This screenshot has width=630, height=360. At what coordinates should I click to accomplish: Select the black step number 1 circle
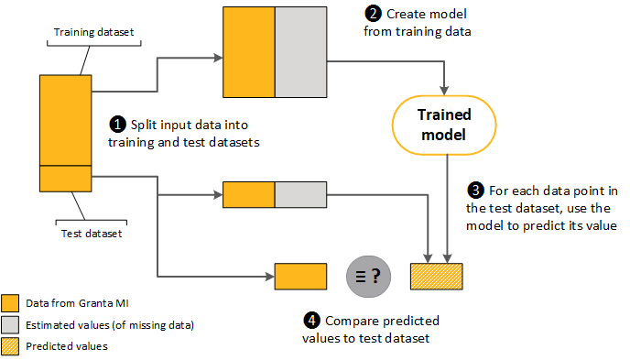coord(117,124)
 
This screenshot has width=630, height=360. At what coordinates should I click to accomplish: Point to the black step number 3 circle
coord(474,191)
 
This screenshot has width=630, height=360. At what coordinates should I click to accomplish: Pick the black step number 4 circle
coord(312,321)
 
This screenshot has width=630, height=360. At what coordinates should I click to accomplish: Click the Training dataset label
coord(94,32)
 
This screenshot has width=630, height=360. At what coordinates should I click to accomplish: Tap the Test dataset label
coord(89,233)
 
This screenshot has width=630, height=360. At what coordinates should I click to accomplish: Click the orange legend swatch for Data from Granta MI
coord(11,303)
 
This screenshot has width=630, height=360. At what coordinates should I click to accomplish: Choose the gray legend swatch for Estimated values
coord(11,324)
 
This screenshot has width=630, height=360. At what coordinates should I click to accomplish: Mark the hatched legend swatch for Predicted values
coord(11,346)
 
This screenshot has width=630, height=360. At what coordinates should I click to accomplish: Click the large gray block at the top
coord(301,51)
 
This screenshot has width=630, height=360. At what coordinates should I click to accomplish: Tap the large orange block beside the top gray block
coord(249,51)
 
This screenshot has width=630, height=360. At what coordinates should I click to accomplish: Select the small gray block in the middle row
coord(301,194)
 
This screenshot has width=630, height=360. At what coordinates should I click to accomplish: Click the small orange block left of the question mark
coord(301,276)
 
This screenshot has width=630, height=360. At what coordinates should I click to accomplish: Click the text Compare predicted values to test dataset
coord(371,329)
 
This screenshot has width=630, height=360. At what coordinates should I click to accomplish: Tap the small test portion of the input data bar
coord(65,178)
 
